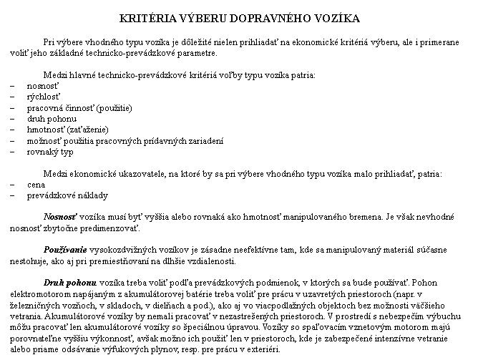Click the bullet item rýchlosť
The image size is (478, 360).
click(44, 96)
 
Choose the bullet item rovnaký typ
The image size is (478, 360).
click(50, 152)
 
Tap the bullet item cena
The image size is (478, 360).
click(36, 185)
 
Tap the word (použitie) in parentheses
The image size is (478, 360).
click(114, 107)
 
